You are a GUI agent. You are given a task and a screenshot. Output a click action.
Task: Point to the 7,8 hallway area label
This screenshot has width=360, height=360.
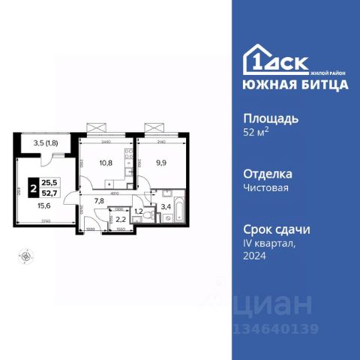click(99, 201)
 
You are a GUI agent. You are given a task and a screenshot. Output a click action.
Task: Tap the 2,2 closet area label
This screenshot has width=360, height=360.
click(120, 220)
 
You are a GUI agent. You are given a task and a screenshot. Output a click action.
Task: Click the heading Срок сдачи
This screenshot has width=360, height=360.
click(277, 229)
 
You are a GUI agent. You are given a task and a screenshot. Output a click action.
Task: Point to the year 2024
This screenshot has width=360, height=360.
click(256, 256)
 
